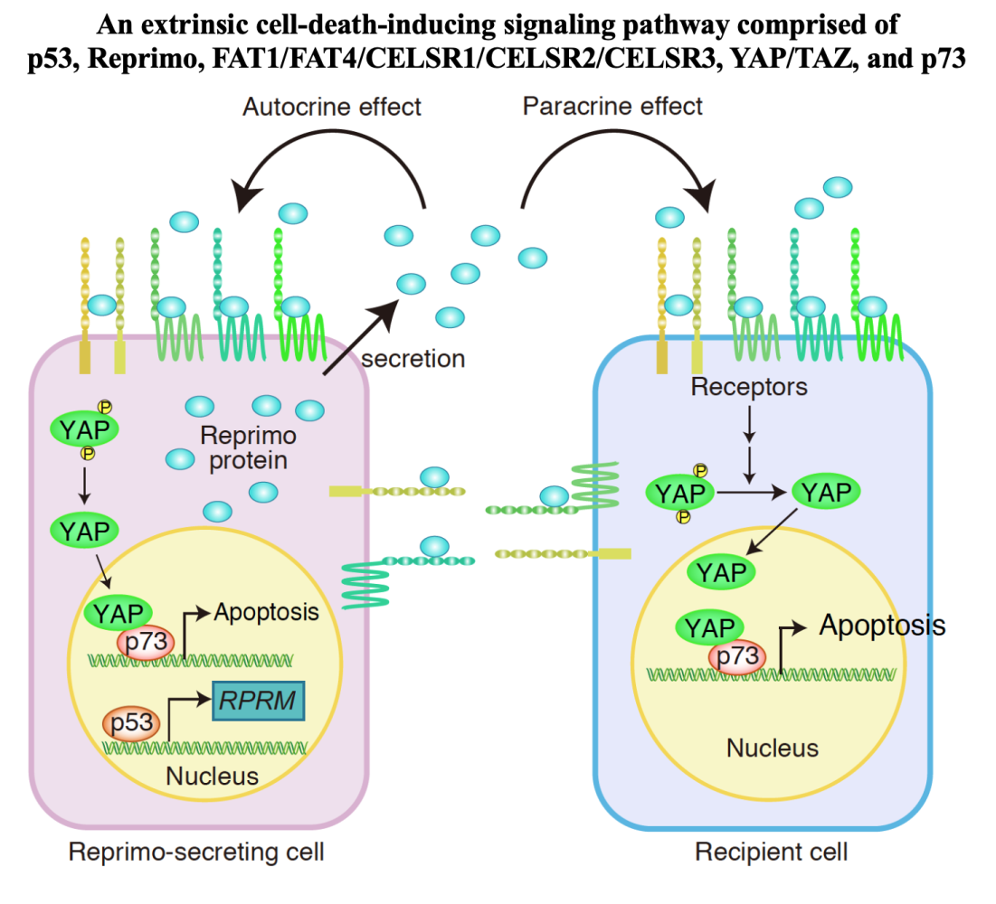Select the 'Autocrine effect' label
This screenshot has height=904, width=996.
pos(332,107)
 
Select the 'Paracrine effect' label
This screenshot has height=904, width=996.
pos(612,107)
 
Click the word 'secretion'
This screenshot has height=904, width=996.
pos(413,359)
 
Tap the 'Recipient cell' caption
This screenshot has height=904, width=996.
pos(772,852)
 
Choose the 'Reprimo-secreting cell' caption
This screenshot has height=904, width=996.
pos(196,852)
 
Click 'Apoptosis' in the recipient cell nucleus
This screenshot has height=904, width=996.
pos(882,625)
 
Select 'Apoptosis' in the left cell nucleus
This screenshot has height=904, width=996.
pos(267,612)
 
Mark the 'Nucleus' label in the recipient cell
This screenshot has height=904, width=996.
pos(773,748)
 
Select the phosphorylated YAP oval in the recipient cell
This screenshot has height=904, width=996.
pos(678,494)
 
